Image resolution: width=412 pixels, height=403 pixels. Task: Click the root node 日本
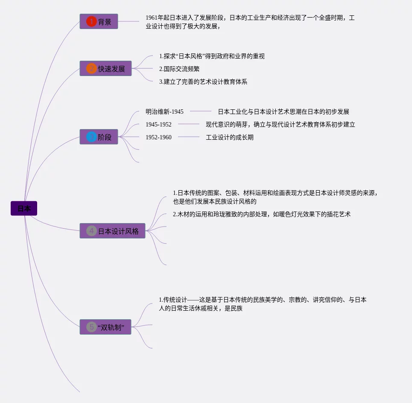point(24,209)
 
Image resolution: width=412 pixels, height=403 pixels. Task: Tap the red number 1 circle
point(91,21)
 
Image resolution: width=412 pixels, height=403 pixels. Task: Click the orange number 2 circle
point(91,68)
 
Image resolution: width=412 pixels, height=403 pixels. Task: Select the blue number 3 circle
point(91,137)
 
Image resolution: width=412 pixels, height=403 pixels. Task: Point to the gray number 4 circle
point(91,231)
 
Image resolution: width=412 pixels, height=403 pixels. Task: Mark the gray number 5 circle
point(91,327)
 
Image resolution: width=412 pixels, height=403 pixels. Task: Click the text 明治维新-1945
point(164,112)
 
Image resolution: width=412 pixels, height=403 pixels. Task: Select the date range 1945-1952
point(158,124)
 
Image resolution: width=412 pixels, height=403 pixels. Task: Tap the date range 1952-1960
point(158,137)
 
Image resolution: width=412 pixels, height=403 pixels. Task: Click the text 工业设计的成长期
point(230,137)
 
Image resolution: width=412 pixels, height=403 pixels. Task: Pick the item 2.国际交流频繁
point(179,69)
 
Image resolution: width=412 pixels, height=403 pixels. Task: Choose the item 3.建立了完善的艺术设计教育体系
point(203,82)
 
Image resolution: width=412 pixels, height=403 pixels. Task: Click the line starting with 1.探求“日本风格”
point(212,56)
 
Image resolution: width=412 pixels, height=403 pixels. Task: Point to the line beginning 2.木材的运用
point(261,214)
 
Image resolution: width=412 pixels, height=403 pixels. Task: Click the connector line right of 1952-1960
point(189,137)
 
